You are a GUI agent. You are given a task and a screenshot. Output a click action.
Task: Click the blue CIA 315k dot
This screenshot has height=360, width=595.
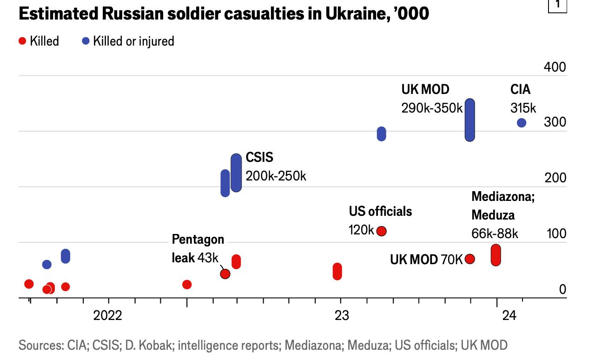click(522, 123)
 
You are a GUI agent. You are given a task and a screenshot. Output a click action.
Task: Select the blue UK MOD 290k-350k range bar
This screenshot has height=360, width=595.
click(470, 120)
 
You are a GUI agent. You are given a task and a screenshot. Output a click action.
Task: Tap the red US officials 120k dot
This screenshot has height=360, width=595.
click(382, 231)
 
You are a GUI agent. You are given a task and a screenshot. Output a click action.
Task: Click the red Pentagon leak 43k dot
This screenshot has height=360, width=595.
click(225, 273)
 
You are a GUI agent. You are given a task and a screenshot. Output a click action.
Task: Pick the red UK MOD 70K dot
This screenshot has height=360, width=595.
click(470, 259)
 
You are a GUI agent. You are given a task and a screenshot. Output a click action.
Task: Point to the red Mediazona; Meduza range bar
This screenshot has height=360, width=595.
click(496, 255)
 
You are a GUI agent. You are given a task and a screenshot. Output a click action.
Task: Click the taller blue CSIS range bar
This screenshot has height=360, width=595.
click(236, 173)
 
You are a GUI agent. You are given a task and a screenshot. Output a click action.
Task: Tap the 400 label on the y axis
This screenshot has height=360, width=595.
click(555, 67)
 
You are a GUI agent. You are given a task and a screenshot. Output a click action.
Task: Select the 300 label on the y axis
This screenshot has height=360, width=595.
click(555, 122)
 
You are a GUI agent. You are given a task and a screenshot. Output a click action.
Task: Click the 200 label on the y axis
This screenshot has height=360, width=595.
click(555, 178)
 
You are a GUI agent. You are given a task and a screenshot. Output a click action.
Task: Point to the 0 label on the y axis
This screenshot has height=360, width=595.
click(562, 289)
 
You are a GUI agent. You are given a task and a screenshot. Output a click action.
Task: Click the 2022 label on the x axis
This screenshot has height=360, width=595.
click(107, 316)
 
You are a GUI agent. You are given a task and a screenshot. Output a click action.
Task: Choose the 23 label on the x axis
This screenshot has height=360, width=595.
click(341, 316)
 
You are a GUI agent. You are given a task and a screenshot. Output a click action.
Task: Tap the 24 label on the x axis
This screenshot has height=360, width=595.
click(509, 316)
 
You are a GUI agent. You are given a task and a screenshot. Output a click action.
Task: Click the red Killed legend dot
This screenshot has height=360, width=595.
click(22, 41)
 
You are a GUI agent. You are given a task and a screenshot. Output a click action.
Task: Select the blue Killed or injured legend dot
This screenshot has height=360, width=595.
click(86, 41)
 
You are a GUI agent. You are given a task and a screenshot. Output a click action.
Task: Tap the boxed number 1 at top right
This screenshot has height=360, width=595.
click(558, 6)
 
